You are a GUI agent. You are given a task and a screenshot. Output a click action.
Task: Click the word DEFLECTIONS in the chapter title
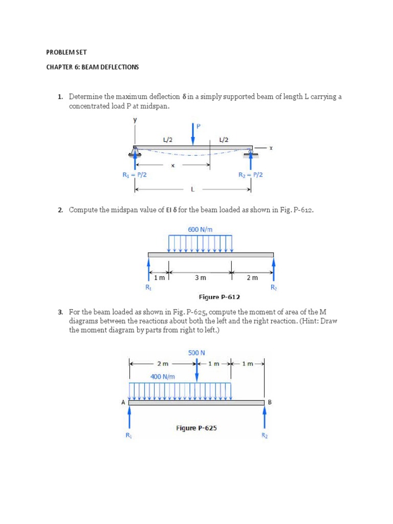pyautogui.click(x=118, y=67)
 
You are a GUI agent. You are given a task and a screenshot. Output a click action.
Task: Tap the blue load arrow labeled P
pyautogui.click(x=193, y=134)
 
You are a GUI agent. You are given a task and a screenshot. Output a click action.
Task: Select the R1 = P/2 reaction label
pyautogui.click(x=135, y=174)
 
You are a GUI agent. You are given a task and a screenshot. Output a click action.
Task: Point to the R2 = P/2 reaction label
pyautogui.click(x=251, y=174)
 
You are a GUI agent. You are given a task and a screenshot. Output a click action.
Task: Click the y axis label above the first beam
pyautogui.click(x=136, y=120)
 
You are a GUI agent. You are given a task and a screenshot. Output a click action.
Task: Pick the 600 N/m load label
pyautogui.click(x=200, y=229)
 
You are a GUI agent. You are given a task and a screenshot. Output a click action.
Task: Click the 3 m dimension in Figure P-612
pyautogui.click(x=200, y=278)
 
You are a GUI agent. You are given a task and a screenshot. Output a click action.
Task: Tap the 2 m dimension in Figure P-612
pyautogui.click(x=252, y=278)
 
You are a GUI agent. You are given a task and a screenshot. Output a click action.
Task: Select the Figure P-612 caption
pyautogui.click(x=219, y=297)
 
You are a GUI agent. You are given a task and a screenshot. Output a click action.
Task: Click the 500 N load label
pyautogui.click(x=196, y=353)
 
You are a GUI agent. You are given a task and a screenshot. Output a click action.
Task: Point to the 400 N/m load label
pyautogui.click(x=163, y=377)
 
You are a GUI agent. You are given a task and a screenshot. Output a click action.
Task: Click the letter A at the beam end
pyautogui.click(x=123, y=402)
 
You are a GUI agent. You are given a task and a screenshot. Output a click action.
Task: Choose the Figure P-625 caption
pyautogui.click(x=196, y=428)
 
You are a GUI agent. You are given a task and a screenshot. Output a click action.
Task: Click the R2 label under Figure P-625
pyautogui.click(x=265, y=435)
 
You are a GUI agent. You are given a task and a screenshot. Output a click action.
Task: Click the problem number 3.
pyautogui.click(x=60, y=312)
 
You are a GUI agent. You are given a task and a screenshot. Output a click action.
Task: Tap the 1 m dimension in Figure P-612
pyautogui.click(x=160, y=278)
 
